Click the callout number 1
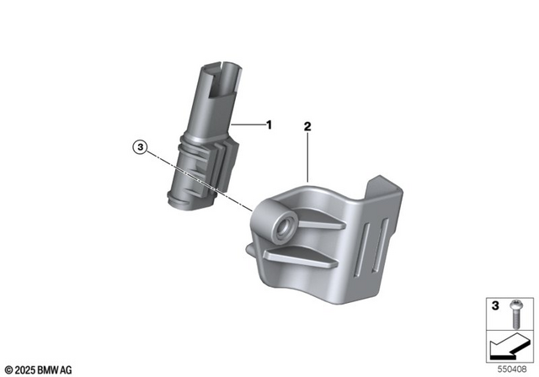pos(269,125)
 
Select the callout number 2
pos(308,126)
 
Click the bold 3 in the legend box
pos(494,304)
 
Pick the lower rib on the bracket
pos(312,254)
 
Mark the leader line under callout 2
pos(308,156)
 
